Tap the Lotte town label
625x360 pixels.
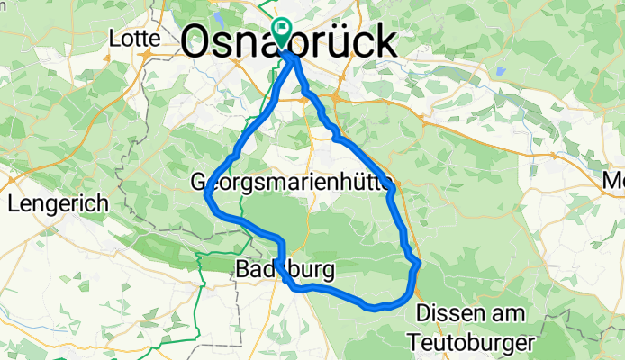pos(134,39)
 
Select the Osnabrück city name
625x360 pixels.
pos(288,41)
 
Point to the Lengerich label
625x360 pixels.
pos(58,203)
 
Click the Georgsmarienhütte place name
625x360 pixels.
pos(294,183)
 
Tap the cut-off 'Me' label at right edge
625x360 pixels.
pos(613,182)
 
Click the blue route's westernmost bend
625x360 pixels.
pos(208,193)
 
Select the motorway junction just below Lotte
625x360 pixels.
pos(144,56)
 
